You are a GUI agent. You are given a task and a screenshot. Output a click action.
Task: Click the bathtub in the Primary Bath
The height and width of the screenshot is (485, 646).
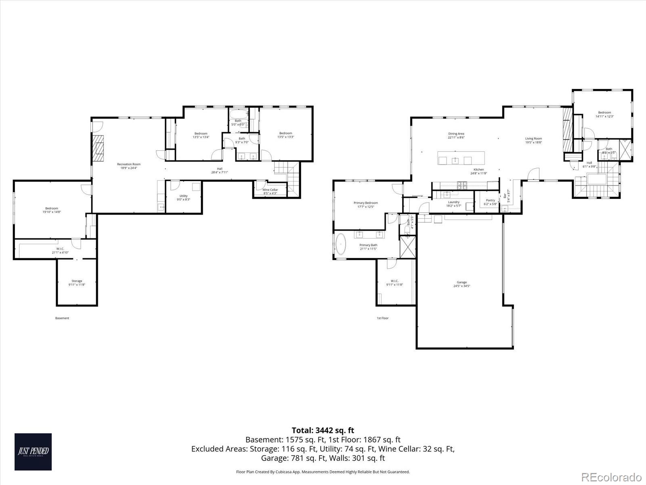(x=342, y=245)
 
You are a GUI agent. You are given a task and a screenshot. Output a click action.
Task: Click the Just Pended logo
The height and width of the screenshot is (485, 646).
(x=33, y=451)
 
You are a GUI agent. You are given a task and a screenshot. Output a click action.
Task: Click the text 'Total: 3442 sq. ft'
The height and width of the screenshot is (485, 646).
(x=323, y=430)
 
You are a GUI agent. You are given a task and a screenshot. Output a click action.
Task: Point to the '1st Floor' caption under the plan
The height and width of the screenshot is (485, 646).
(x=382, y=318)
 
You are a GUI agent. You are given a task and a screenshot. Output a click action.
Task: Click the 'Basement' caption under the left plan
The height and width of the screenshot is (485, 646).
(x=62, y=318)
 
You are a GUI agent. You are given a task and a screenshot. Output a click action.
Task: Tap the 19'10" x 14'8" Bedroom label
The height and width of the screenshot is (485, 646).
(x=52, y=210)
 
